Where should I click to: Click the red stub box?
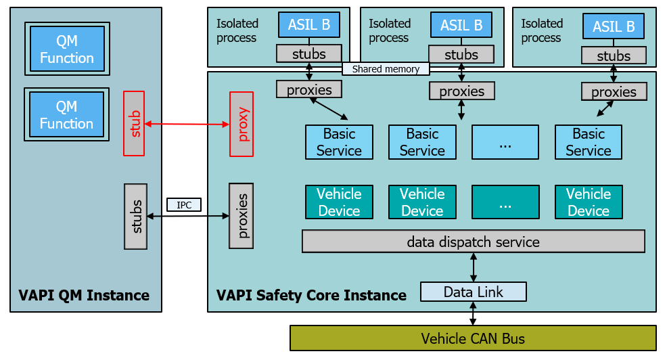pyautogui.click(x=135, y=122)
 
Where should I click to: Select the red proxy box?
pyautogui.click(x=244, y=124)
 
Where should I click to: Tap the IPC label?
pyautogui.click(x=184, y=204)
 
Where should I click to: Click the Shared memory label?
pyautogui.click(x=386, y=69)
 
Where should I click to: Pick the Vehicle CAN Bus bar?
pyautogui.click(x=473, y=338)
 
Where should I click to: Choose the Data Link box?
pyautogui.click(x=473, y=292)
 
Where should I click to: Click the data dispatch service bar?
pyautogui.click(x=473, y=242)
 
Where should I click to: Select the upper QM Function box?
pyautogui.click(x=67, y=49)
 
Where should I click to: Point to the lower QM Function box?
pyautogui.click(x=66, y=114)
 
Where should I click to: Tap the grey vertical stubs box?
pyautogui.click(x=136, y=216)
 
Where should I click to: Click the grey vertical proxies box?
pyautogui.click(x=241, y=216)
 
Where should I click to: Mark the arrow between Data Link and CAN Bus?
pyautogui.click(x=474, y=313)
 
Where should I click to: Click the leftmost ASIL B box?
pyautogui.click(x=309, y=26)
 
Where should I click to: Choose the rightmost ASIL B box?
pyautogui.click(x=614, y=27)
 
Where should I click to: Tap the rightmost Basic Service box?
pyautogui.click(x=588, y=142)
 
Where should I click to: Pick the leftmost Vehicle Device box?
pyautogui.click(x=339, y=202)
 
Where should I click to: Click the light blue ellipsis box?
pyautogui.click(x=505, y=142)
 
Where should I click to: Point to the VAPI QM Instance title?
pyautogui.click(x=84, y=295)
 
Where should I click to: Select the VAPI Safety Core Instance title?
pyautogui.click(x=311, y=295)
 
